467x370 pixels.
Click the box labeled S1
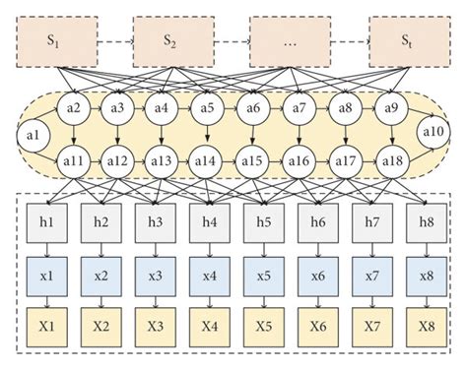coord(58,40)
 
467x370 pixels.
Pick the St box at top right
coord(406,40)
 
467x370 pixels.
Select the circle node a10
coord(432,132)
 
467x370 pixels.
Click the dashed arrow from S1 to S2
coord(116,40)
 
